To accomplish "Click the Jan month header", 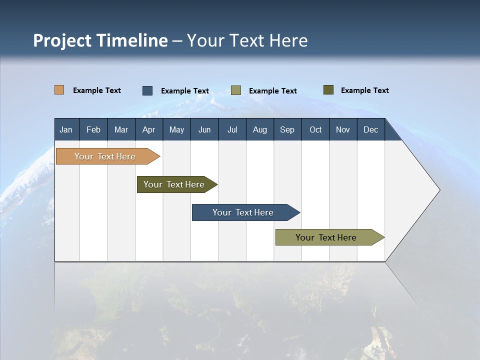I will coord(66,129).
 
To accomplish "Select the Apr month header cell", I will coord(148,129).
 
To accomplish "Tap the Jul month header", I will coord(232,129).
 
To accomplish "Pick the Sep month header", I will coord(287,129).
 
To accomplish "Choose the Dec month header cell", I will coord(370,129).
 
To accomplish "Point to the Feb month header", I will coord(93,129).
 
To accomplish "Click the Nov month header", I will coord(342,129).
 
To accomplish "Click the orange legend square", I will coord(59,90).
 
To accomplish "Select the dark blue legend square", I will coord(147,90).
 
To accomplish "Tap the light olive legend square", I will coord(236,90).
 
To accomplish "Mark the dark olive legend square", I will coord(328,90).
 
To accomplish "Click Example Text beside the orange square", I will coord(97,90).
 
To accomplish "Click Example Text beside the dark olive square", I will coord(364,90).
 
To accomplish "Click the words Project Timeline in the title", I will coord(100,40).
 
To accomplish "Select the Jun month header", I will coord(204,129).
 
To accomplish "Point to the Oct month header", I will coord(315,129).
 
